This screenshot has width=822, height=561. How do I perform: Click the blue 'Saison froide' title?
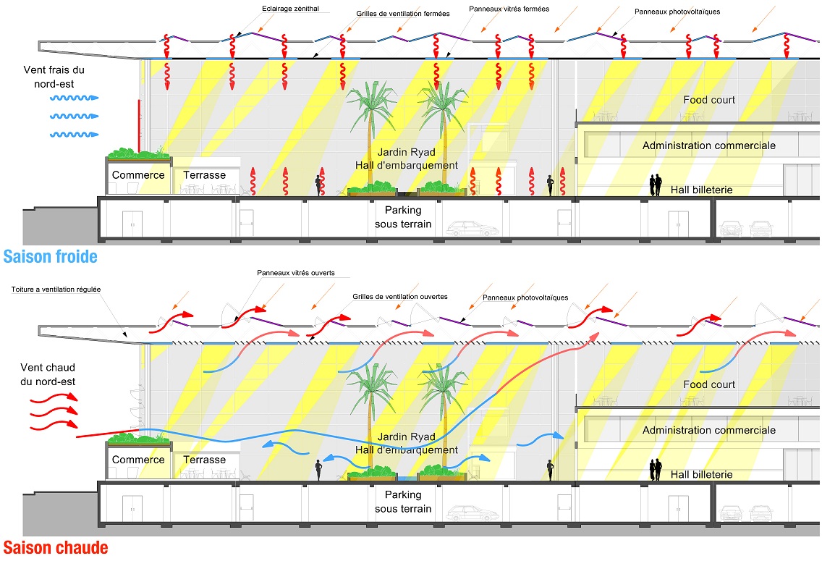(x=51, y=256)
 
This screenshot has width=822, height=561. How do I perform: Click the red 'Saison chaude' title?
(x=56, y=548)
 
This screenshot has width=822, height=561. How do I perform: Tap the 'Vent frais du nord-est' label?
(x=54, y=77)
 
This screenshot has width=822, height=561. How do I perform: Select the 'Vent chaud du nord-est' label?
(x=48, y=374)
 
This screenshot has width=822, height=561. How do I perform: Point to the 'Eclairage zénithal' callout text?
(x=290, y=9)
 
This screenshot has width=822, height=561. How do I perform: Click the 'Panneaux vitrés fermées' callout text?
(x=509, y=9)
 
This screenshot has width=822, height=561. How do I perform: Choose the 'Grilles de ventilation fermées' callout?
(x=402, y=14)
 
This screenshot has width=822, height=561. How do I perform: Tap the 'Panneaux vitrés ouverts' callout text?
(x=296, y=273)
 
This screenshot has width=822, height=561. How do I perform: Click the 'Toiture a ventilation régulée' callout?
(x=56, y=290)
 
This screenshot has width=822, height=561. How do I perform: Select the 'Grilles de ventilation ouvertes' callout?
(x=400, y=297)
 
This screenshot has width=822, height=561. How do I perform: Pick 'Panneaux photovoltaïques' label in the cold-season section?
(x=677, y=12)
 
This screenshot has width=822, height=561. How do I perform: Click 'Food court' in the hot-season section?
(x=709, y=384)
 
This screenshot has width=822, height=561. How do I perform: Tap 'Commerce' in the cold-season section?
(x=138, y=175)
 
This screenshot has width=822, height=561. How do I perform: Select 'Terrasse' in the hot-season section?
(x=205, y=460)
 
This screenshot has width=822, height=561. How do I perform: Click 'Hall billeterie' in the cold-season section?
(x=701, y=190)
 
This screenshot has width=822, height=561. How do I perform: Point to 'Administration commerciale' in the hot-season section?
(x=709, y=430)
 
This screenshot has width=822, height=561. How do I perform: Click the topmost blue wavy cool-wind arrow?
(x=74, y=98)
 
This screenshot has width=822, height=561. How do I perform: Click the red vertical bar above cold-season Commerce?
(x=139, y=125)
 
